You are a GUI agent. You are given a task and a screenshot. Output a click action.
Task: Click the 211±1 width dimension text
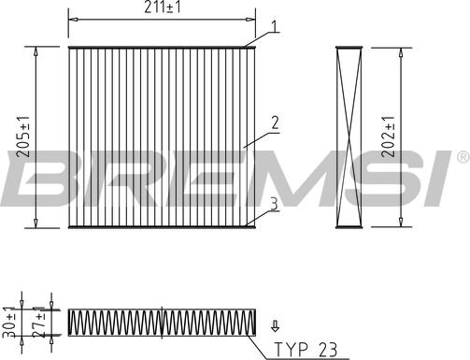click(x=162, y=7)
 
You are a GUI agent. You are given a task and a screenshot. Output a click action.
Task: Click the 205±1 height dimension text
click(x=23, y=137)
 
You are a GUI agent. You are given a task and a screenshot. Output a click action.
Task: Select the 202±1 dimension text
click(x=388, y=137)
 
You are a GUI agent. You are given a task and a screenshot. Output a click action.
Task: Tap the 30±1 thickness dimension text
click(x=10, y=323)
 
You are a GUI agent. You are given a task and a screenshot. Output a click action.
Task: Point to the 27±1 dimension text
click(x=40, y=324)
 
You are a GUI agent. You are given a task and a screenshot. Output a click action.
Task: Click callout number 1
click(x=274, y=27)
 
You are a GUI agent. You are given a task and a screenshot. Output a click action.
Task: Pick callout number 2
click(x=275, y=122)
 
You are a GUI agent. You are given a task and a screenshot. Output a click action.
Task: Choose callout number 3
click(x=274, y=204)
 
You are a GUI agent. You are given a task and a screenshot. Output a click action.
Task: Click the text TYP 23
click(x=306, y=350)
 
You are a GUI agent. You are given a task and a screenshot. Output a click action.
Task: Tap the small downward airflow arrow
click(x=276, y=326)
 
